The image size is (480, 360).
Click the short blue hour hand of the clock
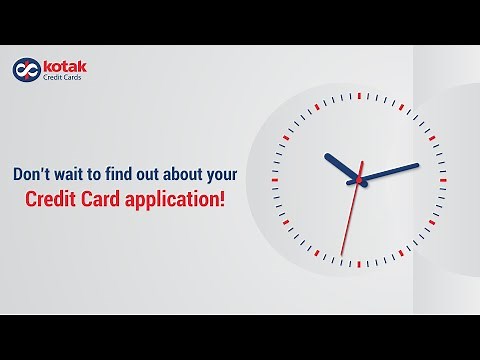pos(341,166)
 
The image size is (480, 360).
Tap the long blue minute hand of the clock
pos(390,171)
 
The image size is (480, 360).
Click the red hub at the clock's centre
pos(358,180)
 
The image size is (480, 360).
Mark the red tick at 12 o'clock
pos(358,93)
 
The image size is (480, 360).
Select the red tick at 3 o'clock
pos(443,180)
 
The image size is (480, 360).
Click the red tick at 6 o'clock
pos(358,265)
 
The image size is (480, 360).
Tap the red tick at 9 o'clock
pos(273,180)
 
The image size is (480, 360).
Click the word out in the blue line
pos(164,172)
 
